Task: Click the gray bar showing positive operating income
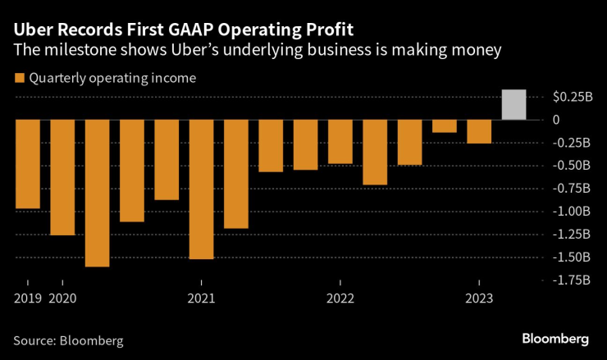[x=513, y=105]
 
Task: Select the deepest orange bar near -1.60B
[x=97, y=193]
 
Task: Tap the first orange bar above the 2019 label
[x=27, y=164]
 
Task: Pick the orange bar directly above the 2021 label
[x=201, y=189]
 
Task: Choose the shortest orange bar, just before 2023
[x=444, y=126]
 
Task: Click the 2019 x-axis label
[x=27, y=298]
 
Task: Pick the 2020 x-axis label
[x=62, y=298]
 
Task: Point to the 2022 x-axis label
[x=340, y=298]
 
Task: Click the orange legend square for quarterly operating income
[x=18, y=79]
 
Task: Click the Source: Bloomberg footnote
[x=68, y=339]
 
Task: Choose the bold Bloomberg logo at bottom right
[x=555, y=339]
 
